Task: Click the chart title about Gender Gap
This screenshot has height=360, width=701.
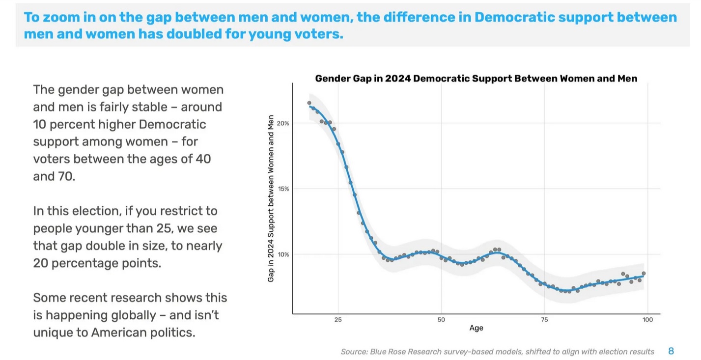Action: (x=476, y=79)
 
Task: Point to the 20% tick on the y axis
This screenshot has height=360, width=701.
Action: (x=283, y=123)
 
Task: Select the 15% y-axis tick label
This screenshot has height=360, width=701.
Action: (x=283, y=189)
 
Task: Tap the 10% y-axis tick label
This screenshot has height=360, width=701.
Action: (x=283, y=254)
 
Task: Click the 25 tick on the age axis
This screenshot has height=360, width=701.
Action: (x=338, y=320)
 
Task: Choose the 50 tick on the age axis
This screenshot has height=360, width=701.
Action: (x=441, y=320)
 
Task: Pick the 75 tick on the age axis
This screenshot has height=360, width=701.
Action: (x=544, y=320)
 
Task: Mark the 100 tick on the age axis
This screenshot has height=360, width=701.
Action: (x=647, y=320)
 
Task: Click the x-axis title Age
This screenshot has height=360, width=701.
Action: (x=476, y=328)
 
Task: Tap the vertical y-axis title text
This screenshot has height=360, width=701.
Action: (x=271, y=198)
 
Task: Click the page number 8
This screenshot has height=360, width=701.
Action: (x=671, y=351)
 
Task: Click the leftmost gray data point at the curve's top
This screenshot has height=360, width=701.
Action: (x=309, y=103)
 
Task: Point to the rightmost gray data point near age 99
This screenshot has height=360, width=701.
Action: (x=644, y=274)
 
